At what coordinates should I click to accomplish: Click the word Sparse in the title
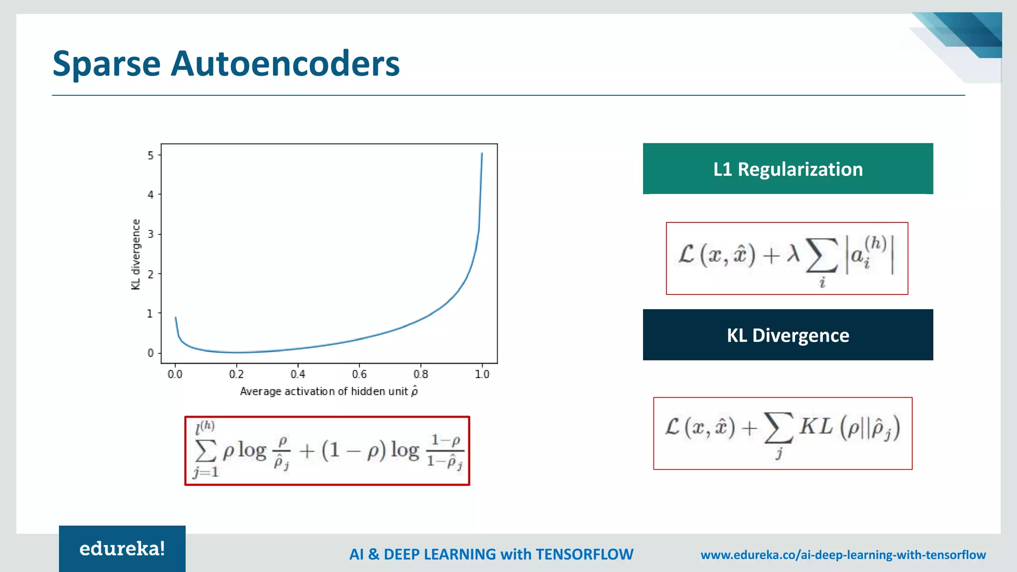click(106, 65)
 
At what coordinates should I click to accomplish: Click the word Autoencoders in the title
click(285, 64)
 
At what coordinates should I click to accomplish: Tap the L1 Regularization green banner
click(788, 169)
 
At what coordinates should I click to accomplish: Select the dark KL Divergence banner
click(788, 335)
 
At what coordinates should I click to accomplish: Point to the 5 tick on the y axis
click(150, 155)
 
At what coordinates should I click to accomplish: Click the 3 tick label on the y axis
click(150, 234)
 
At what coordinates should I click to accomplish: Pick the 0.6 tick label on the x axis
click(359, 374)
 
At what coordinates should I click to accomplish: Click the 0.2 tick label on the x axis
click(236, 374)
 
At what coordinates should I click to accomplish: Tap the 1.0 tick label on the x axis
click(482, 374)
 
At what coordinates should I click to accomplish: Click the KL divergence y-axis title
click(136, 254)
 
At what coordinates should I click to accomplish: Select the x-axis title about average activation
click(328, 392)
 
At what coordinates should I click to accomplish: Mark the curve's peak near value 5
click(482, 154)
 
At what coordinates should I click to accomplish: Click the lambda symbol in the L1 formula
click(793, 254)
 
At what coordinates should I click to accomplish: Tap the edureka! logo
click(122, 549)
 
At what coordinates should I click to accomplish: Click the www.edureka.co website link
click(843, 555)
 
